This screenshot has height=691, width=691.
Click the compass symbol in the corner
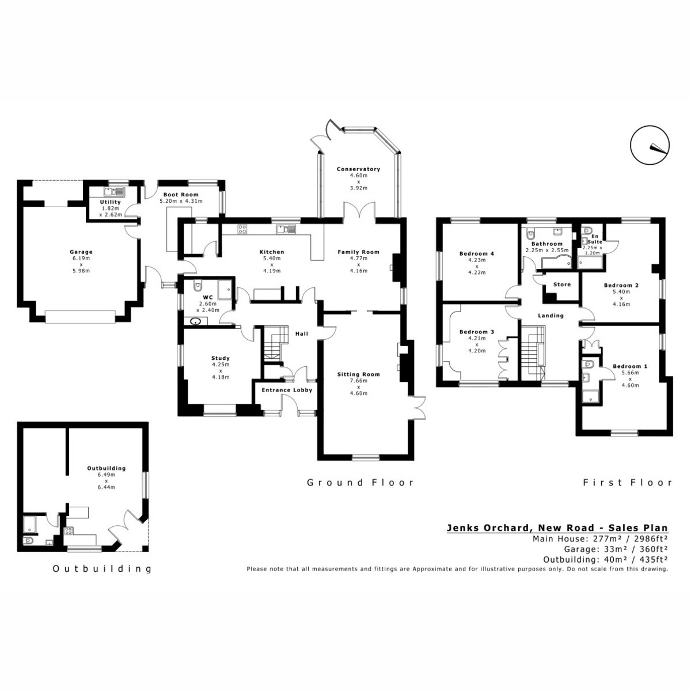tap(650, 145)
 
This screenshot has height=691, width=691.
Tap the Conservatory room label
tap(358, 169)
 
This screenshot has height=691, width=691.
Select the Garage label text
tap(81, 252)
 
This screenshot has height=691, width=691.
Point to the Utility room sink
tap(113, 192)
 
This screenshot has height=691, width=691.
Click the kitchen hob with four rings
tap(242, 229)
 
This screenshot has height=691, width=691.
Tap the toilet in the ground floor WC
tap(198, 286)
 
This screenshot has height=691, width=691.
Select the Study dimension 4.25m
tap(221, 365)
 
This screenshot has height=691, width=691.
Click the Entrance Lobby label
tap(287, 390)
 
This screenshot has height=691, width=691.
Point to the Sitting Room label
tap(358, 374)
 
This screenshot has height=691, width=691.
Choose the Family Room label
tap(358, 252)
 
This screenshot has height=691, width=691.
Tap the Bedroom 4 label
tap(477, 253)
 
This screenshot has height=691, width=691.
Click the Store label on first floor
tap(562, 284)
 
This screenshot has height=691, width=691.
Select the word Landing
tap(551, 316)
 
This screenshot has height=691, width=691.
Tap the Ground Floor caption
tap(360, 483)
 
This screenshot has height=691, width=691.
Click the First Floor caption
tap(628, 483)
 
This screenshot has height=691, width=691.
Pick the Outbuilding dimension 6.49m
tap(106, 474)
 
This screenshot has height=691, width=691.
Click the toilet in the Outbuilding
tap(28, 541)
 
